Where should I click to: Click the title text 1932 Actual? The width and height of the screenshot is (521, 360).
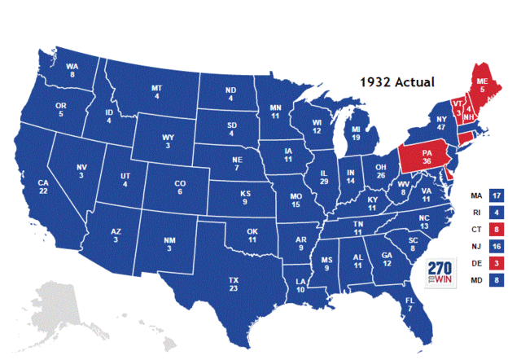click(398, 81)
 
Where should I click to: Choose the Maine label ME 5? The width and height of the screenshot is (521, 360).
click(483, 86)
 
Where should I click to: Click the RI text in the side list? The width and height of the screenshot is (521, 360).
click(476, 213)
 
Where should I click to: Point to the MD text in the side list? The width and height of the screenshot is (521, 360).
click(476, 281)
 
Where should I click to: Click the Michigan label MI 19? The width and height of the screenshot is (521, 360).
click(357, 134)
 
